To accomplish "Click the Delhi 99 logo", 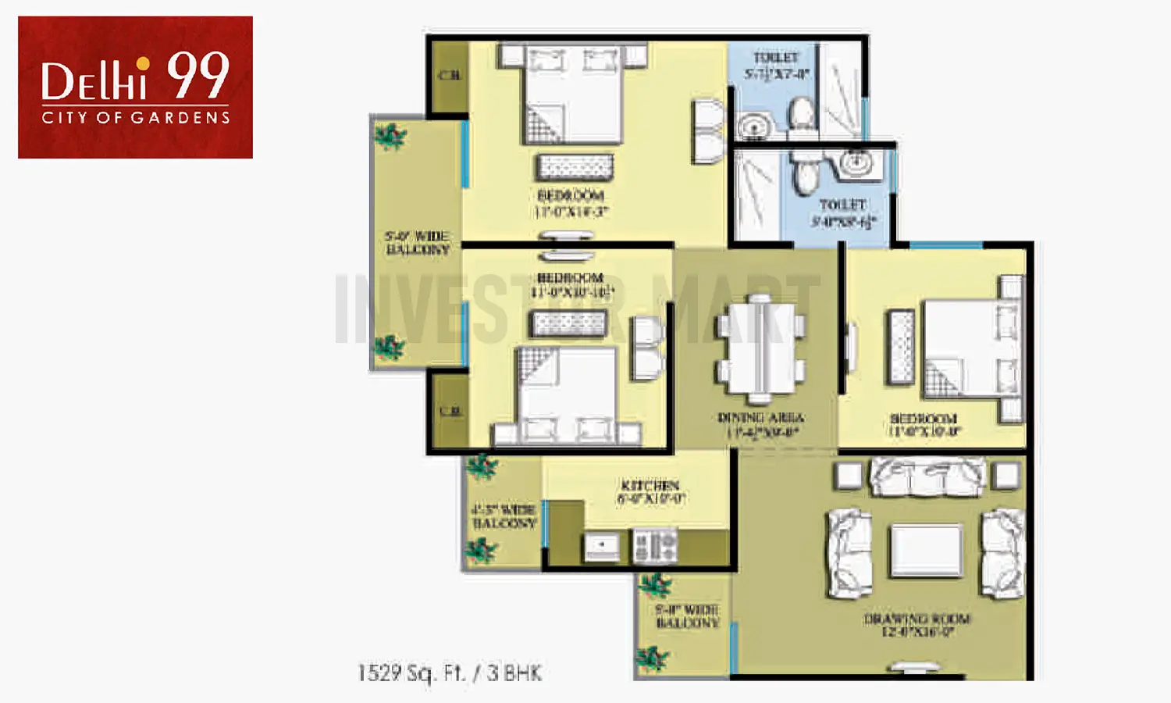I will (x=135, y=87).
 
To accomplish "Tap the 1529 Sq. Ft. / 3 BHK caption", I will (x=450, y=673).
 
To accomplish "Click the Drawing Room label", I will (x=917, y=625).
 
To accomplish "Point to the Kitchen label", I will (x=650, y=491).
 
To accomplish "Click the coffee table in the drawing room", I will (x=926, y=550).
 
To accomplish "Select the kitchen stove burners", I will (x=655, y=545).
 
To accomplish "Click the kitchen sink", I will (x=602, y=545).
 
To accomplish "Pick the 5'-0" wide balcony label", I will (x=418, y=243).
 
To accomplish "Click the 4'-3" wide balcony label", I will (x=504, y=516).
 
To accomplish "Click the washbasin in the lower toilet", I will (x=856, y=164).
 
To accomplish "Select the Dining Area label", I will (x=760, y=424).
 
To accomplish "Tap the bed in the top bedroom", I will (x=573, y=94).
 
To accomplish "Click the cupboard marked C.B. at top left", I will (x=449, y=77).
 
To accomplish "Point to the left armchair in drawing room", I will (x=848, y=551).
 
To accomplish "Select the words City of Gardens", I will (x=136, y=118).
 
